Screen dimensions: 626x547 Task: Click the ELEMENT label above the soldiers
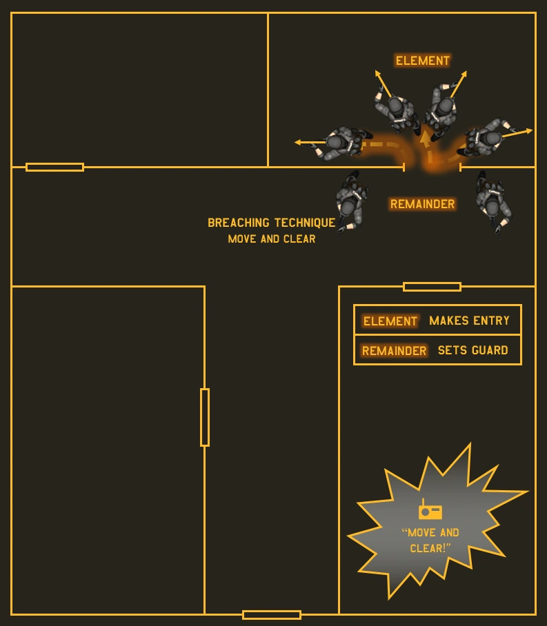(422, 61)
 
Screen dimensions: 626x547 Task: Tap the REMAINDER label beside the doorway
(422, 204)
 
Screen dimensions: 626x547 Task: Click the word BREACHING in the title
(239, 223)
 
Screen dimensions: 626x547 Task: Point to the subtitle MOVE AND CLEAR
(272, 239)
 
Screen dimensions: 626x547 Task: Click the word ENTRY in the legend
(492, 321)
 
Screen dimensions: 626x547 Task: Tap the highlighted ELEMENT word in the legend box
(390, 321)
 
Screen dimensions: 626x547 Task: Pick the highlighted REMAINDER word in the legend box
(394, 351)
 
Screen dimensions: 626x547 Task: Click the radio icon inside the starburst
(430, 511)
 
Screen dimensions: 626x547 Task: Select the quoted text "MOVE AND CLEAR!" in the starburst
(430, 541)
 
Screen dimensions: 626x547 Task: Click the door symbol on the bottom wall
(272, 614)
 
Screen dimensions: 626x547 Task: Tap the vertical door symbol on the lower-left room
(205, 417)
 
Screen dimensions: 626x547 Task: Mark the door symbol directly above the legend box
(432, 286)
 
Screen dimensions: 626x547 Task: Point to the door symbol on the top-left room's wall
(54, 167)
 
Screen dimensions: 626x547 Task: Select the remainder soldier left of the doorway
(349, 201)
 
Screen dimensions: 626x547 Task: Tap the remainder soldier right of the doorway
(493, 201)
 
